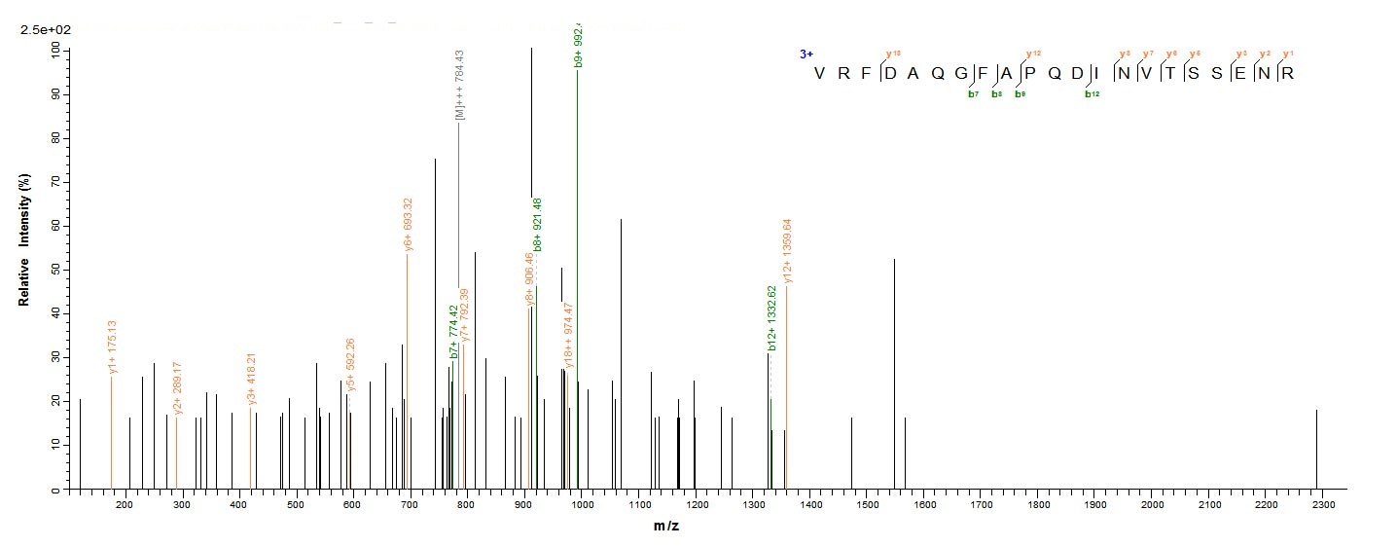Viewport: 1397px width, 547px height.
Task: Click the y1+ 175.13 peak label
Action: [113, 346]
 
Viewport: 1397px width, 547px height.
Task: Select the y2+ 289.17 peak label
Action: [178, 388]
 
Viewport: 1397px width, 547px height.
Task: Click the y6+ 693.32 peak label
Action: [409, 226]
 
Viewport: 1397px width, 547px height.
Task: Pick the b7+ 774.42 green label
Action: [453, 333]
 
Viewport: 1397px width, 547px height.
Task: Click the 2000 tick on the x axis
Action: [1153, 506]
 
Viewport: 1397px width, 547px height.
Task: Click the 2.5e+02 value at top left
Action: [42, 30]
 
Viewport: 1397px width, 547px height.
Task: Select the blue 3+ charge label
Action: [806, 55]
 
